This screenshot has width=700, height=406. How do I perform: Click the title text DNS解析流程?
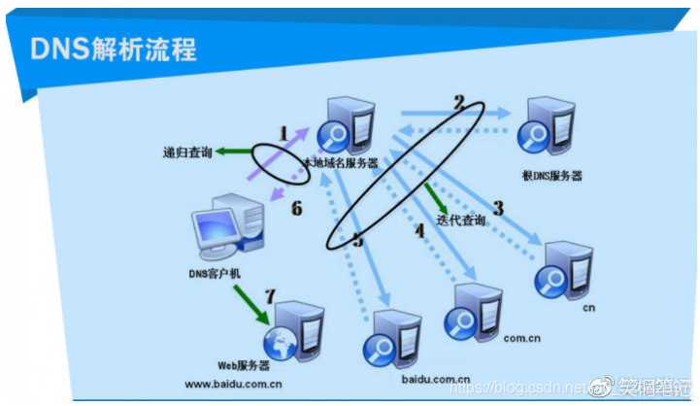(x=114, y=50)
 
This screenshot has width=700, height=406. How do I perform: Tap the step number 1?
(x=283, y=132)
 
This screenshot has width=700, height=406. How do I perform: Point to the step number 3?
(x=498, y=207)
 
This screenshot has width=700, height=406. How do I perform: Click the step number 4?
(x=419, y=230)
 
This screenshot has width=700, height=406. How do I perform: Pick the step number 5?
(x=358, y=240)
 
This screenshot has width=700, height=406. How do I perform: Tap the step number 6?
(x=296, y=208)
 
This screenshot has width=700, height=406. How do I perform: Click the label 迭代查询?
(x=463, y=220)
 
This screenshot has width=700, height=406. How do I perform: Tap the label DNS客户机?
(x=217, y=274)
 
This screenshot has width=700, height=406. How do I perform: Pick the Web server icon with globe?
(x=290, y=331)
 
